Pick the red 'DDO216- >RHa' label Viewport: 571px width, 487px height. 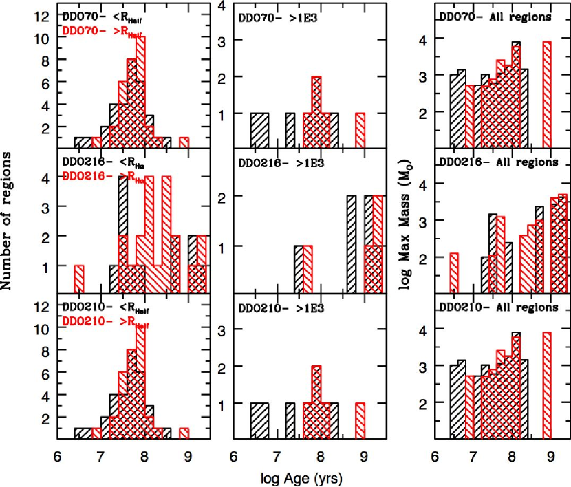[104, 176]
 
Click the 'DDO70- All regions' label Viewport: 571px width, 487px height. [494, 16]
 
